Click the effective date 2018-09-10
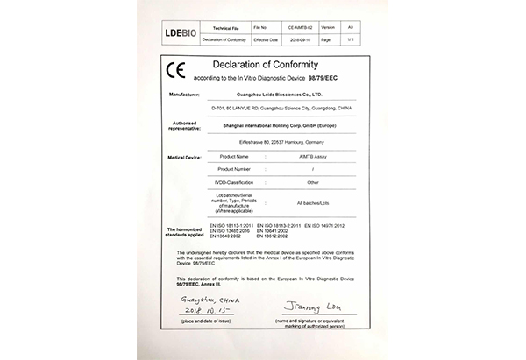pyautogui.click(x=295, y=39)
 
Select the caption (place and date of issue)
pyautogui.click(x=203, y=321)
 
